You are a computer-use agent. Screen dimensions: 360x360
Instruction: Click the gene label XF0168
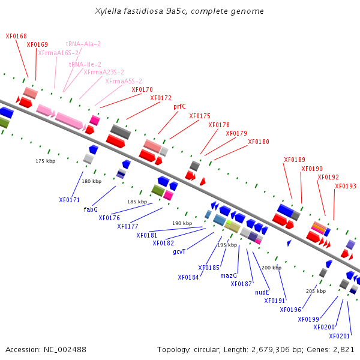(16, 36)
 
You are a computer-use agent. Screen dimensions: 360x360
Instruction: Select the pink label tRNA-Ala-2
(83, 44)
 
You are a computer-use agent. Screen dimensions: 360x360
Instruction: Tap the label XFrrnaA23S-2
(104, 72)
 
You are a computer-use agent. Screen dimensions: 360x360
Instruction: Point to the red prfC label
(179, 107)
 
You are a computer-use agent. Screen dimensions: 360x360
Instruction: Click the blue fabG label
(91, 209)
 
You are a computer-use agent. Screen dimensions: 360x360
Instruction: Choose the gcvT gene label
(179, 251)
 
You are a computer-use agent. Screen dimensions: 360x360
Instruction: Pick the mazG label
(229, 275)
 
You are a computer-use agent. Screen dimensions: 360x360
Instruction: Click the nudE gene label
(262, 292)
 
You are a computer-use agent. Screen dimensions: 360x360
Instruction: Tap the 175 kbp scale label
(46, 161)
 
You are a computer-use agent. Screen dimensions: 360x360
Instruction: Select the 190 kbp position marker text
(182, 223)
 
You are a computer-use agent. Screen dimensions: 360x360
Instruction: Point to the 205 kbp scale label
(316, 291)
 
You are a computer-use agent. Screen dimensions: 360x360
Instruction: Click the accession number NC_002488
(65, 350)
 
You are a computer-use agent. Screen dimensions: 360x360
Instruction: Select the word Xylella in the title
(108, 11)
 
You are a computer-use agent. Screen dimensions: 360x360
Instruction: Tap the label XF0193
(346, 186)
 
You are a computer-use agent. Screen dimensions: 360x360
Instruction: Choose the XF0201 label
(340, 336)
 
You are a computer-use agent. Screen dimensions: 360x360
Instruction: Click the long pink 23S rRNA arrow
(69, 121)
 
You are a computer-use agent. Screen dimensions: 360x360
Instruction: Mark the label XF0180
(259, 142)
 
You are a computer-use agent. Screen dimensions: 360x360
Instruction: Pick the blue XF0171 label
(70, 200)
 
